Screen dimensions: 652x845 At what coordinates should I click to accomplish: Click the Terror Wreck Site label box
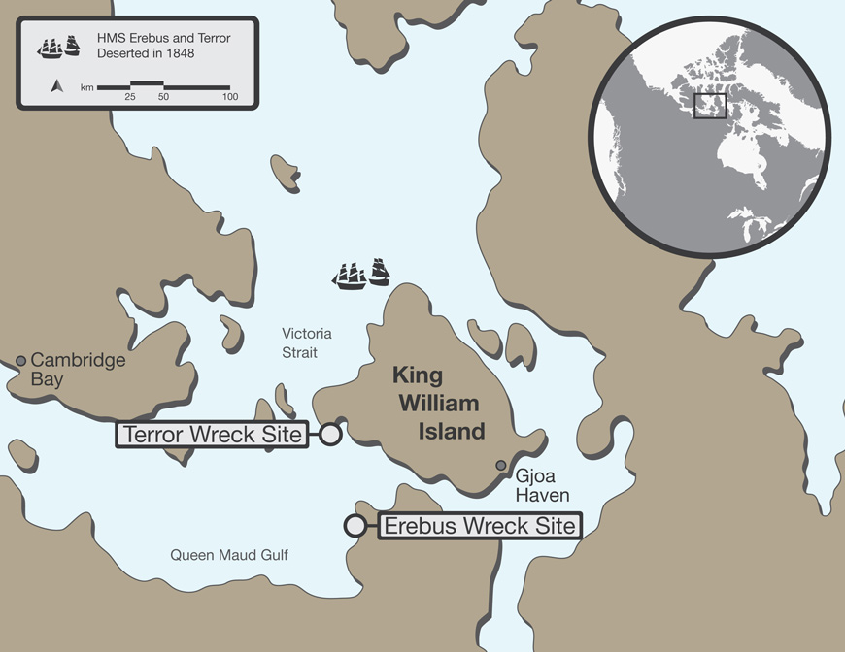tap(212, 435)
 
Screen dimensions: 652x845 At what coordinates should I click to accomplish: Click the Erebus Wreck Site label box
tap(479, 527)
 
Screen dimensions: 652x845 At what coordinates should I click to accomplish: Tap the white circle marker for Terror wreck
tap(330, 435)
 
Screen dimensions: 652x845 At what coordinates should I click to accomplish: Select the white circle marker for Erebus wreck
tap(355, 526)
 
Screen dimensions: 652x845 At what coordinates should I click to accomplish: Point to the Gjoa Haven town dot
tap(501, 466)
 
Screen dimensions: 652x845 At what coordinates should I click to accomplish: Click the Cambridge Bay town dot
tap(20, 361)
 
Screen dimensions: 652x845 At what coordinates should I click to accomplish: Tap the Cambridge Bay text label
tap(78, 370)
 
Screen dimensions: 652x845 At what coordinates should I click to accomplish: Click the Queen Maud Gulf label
tap(229, 555)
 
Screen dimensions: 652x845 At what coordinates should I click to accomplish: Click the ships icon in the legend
tap(58, 46)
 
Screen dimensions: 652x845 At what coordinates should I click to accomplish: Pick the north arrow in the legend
tap(56, 87)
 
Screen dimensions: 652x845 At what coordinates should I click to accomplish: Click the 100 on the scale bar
tap(230, 97)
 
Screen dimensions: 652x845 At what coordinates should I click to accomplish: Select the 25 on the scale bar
tap(129, 97)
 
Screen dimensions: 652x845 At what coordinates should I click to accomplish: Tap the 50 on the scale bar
tap(163, 97)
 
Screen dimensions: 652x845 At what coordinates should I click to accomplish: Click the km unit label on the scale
tap(86, 88)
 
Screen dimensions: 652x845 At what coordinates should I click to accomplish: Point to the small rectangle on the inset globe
tap(710, 105)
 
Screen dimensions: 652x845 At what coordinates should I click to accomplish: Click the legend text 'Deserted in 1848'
tap(146, 54)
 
